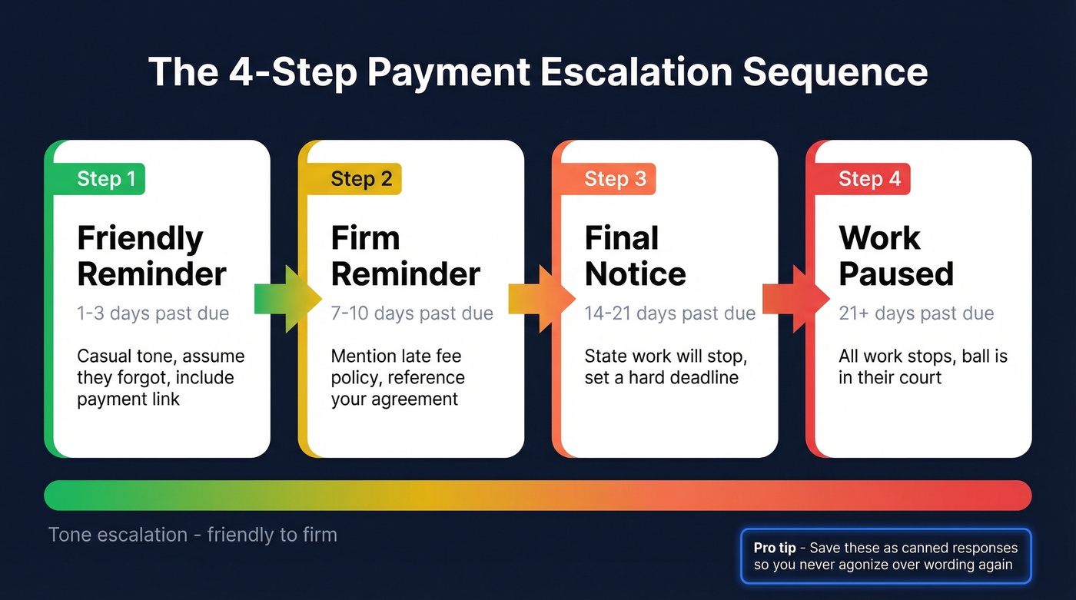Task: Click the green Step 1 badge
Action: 106,179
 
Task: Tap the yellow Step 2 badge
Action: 361,179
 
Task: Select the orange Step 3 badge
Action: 615,179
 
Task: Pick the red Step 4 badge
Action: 869,179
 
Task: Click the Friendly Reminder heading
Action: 151,256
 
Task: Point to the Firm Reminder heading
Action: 405,256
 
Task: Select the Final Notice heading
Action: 635,256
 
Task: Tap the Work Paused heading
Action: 895,256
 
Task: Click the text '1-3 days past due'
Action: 153,313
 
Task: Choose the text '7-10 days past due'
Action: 412,313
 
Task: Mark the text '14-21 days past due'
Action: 669,313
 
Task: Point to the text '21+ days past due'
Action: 916,313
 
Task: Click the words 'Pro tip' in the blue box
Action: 774,548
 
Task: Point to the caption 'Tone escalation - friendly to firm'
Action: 192,535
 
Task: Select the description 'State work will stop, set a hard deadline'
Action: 666,367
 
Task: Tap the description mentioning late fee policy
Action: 397,378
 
